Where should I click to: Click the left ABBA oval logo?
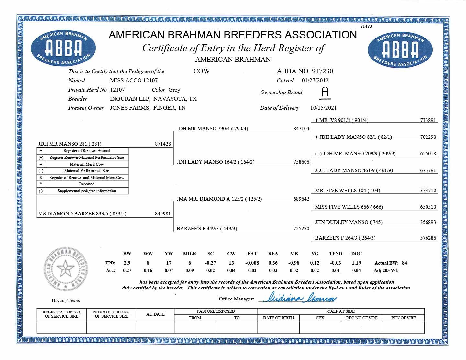(63, 49)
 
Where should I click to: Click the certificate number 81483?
(366, 26)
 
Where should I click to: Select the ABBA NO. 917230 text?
(305, 71)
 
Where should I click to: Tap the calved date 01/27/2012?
(315, 80)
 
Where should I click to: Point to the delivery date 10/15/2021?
(323, 108)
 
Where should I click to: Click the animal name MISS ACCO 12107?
(134, 80)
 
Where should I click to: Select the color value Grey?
(174, 90)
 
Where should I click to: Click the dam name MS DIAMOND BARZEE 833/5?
(82, 213)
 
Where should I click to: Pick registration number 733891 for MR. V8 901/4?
(428, 120)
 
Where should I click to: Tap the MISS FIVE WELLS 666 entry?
(349, 207)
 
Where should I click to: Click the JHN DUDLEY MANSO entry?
(349, 222)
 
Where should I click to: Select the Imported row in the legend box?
(86, 184)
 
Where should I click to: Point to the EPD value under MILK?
(190, 263)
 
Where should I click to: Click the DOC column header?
(356, 254)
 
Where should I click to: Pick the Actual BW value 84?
(405, 263)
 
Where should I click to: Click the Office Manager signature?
(299, 298)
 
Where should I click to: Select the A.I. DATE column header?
(155, 314)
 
